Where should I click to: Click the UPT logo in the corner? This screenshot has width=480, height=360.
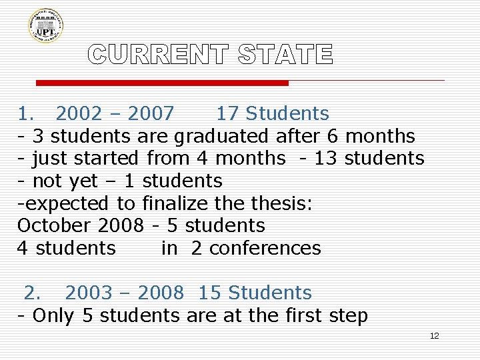click(46, 25)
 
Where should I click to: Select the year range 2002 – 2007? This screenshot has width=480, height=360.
click(115, 114)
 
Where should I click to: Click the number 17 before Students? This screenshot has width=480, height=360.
click(227, 114)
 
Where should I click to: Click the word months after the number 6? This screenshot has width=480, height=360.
click(379, 137)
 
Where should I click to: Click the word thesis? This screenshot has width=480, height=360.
click(284, 203)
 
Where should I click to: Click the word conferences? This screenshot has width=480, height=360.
click(265, 248)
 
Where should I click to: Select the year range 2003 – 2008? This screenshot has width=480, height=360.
click(124, 293)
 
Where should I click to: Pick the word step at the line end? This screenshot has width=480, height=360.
click(349, 315)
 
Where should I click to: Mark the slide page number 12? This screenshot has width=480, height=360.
click(434, 336)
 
